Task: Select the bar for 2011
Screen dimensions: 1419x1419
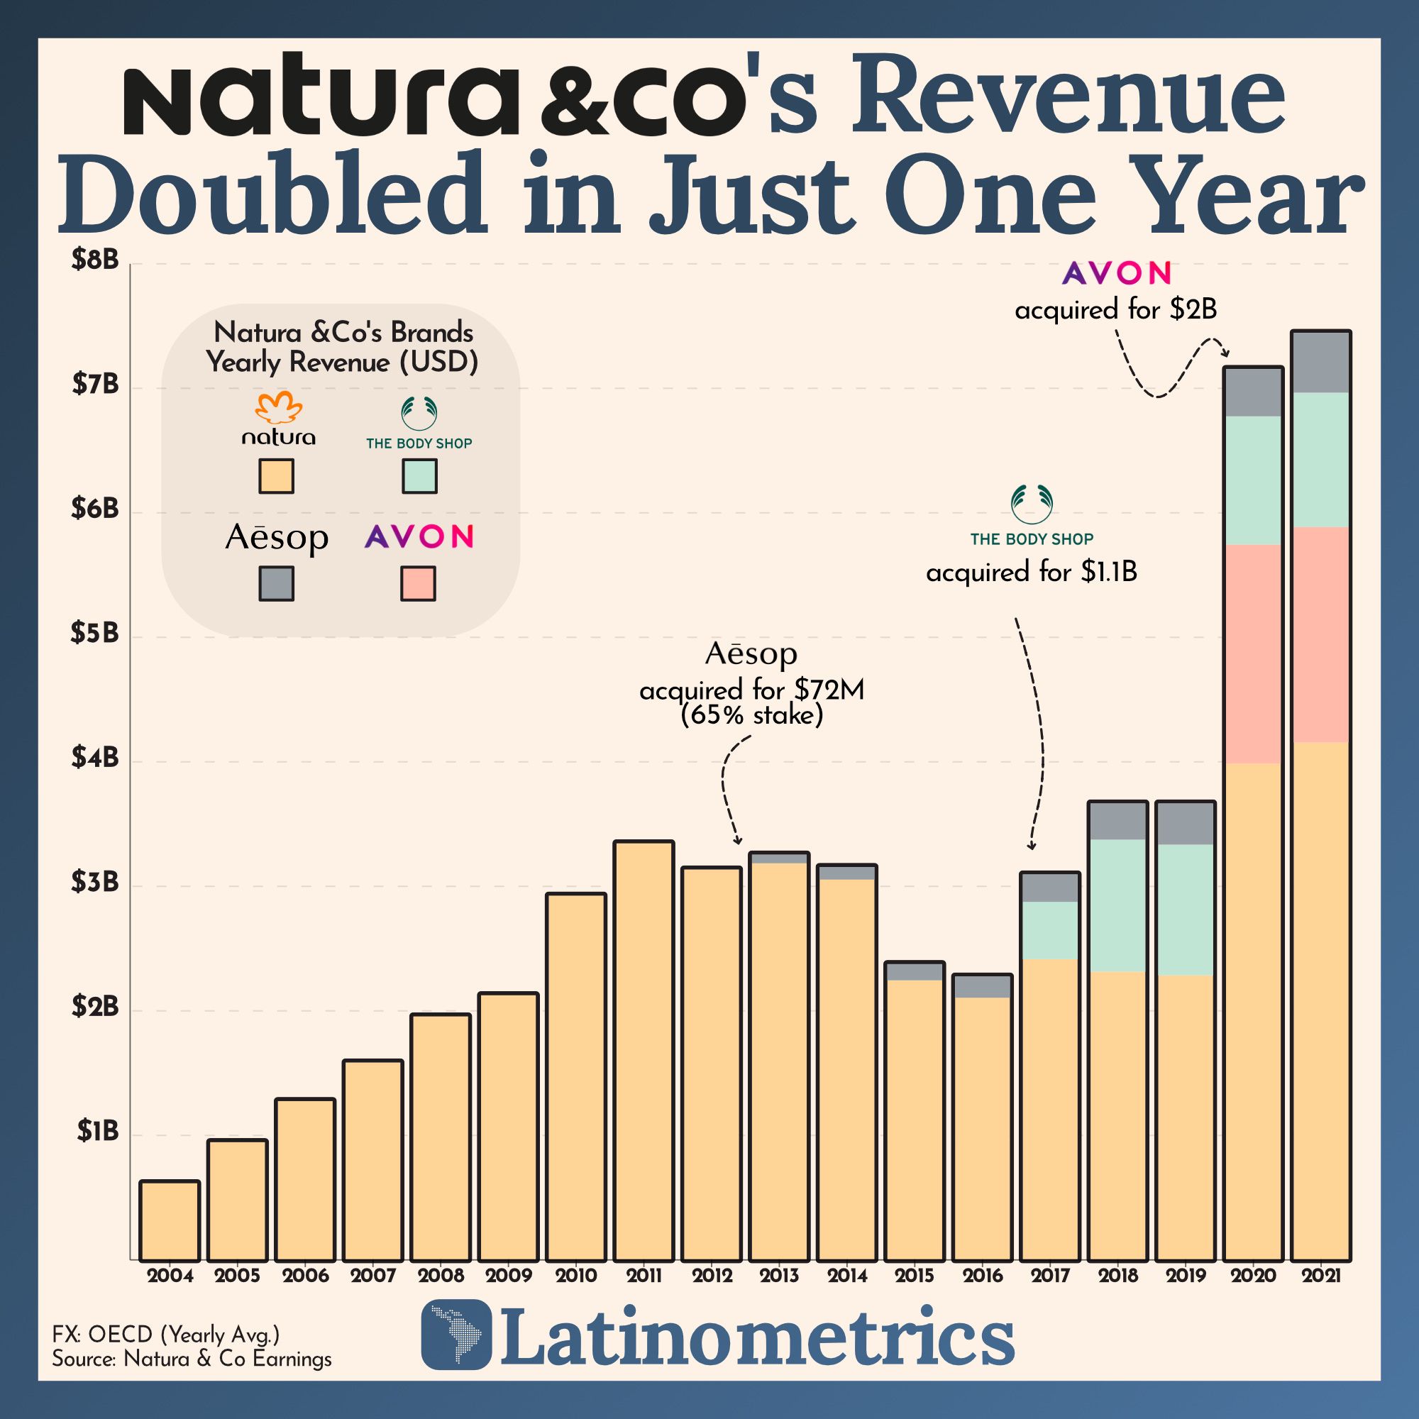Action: point(644,1050)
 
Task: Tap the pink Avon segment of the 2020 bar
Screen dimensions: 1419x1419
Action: point(1253,653)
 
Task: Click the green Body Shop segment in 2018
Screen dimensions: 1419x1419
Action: point(1117,905)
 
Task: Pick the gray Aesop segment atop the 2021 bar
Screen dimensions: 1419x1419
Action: point(1320,362)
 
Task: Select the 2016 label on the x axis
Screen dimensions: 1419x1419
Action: point(982,1276)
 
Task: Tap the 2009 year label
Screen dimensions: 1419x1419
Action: point(508,1276)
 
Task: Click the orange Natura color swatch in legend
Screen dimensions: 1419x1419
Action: point(276,476)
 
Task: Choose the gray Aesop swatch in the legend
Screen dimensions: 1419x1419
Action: point(276,583)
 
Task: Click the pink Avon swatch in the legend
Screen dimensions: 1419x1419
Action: point(418,583)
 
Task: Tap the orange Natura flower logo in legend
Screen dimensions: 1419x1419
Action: point(278,408)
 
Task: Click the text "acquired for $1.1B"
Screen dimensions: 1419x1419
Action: point(1031,572)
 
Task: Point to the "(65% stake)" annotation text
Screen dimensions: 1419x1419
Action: point(751,714)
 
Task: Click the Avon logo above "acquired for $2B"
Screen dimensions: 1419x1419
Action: point(1116,273)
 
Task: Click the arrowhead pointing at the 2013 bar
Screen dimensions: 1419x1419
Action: point(738,841)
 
